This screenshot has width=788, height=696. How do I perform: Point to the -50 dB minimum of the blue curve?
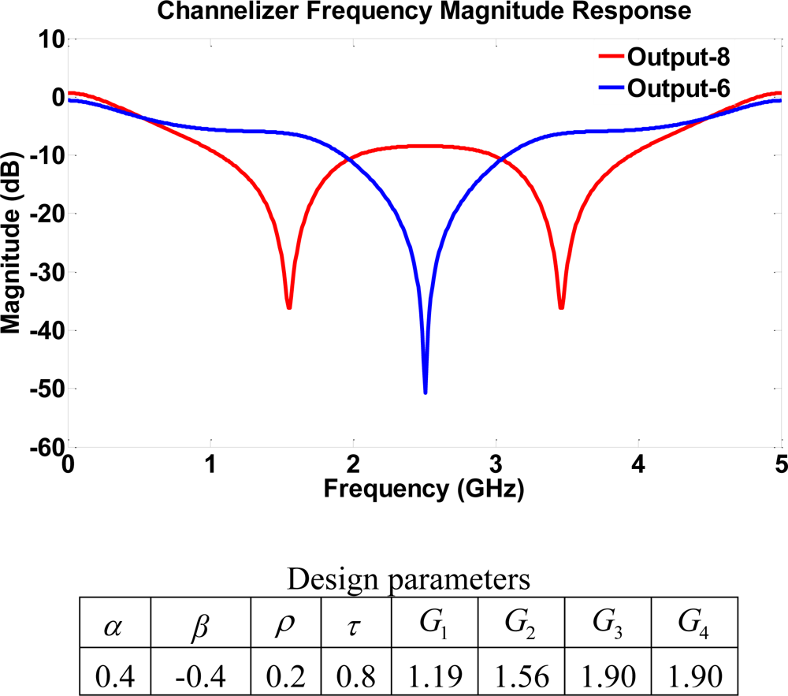(x=426, y=391)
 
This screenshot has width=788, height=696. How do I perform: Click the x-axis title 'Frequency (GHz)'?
(x=424, y=489)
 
